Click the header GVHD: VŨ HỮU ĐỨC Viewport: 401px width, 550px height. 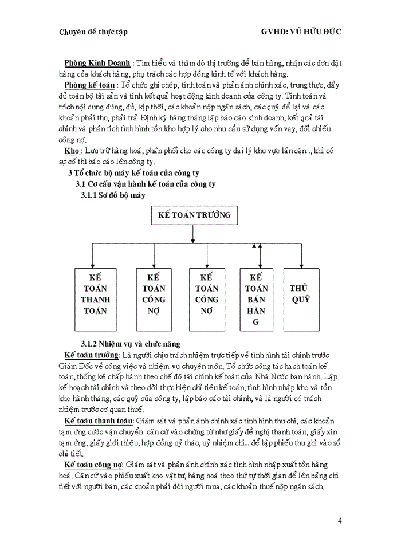pyautogui.click(x=301, y=32)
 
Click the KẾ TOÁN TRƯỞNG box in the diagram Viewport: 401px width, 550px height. pyautogui.click(x=192, y=215)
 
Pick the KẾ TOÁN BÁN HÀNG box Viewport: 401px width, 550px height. pyautogui.click(x=256, y=300)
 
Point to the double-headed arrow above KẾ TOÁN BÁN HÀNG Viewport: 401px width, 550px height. pyautogui.click(x=256, y=255)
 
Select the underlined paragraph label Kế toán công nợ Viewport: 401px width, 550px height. pyautogui.click(x=96, y=464)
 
